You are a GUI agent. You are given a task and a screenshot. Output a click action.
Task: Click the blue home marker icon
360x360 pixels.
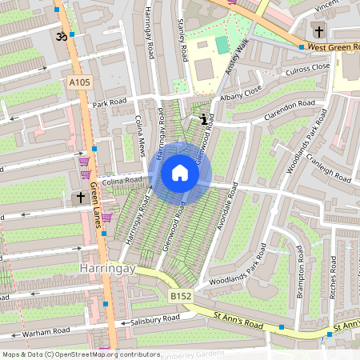click(180, 173)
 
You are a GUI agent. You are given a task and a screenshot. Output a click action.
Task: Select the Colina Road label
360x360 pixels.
click(121, 182)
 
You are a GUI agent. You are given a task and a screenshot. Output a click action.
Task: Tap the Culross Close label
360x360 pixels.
click(306, 70)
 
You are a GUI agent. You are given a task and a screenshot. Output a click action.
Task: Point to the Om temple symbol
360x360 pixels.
click(60, 36)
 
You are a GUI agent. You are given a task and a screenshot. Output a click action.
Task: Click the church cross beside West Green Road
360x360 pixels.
click(320, 32)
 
